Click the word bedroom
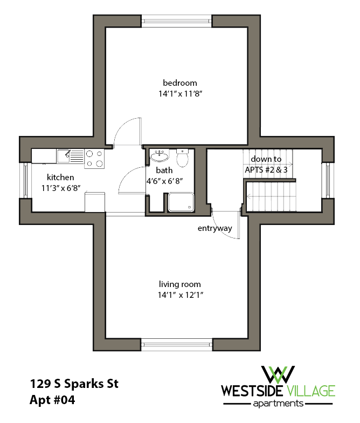point(180,83)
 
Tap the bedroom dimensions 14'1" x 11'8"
point(180,93)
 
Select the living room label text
point(179,284)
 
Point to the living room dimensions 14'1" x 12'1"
point(180,295)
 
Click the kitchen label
point(60,177)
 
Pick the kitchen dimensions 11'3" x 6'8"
point(60,188)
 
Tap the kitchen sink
point(63,156)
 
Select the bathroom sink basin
point(159,157)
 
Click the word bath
point(164,170)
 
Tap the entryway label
point(214,228)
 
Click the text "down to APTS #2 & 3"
point(266,164)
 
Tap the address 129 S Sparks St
point(74,385)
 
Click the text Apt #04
point(52,401)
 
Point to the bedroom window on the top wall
point(177,21)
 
